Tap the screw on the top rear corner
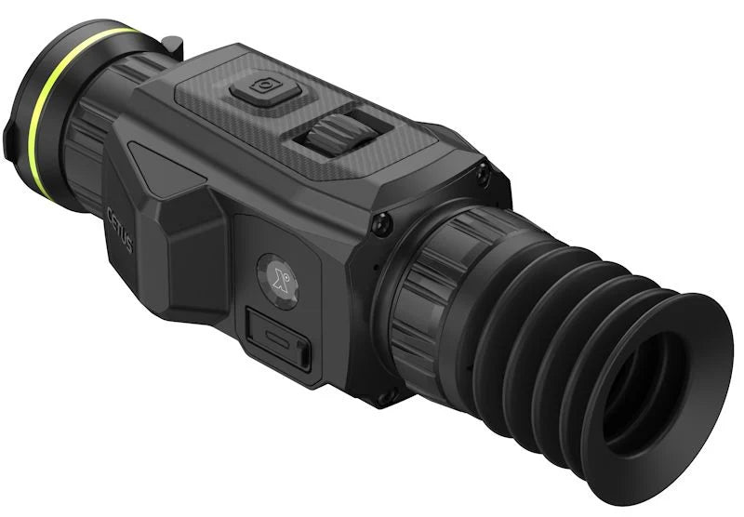click(481, 173)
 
